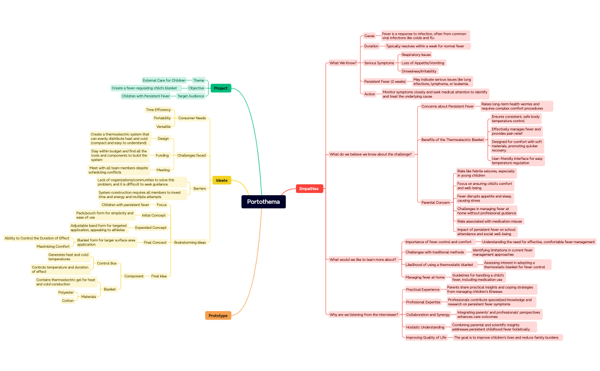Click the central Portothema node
click(263, 201)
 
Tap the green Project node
click(221, 88)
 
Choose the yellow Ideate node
click(222, 180)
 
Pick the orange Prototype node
click(218, 315)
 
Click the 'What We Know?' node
click(343, 63)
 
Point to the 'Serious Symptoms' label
click(379, 63)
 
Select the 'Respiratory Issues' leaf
click(416, 55)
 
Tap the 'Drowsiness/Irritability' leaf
click(419, 71)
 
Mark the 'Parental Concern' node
click(435, 202)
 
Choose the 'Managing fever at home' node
click(425, 277)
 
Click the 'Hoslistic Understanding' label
click(425, 327)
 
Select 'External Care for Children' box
click(164, 80)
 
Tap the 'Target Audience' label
click(190, 96)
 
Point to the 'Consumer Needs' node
click(192, 118)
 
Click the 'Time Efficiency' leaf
click(158, 110)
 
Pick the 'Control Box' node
click(107, 263)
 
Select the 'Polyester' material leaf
click(66, 292)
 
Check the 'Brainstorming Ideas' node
click(190, 242)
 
